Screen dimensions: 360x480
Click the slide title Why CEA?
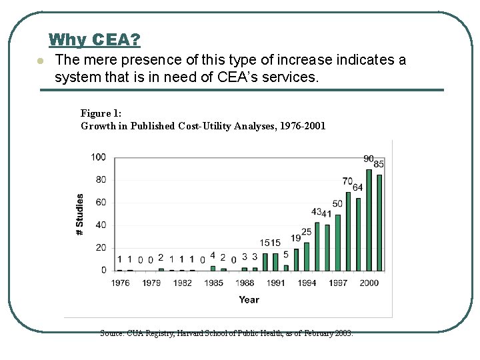pos(95,40)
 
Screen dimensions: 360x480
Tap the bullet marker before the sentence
pos(40,61)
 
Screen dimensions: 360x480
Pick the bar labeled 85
pos(379,223)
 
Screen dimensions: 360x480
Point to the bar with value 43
pos(317,246)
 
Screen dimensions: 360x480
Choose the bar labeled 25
pos(307,256)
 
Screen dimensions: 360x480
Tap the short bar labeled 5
pos(286,267)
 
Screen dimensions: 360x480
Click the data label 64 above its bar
pos(358,188)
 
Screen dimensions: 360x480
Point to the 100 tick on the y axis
pos(98,157)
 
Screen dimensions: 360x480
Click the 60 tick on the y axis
pos(100,203)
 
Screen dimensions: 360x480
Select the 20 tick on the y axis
pos(100,248)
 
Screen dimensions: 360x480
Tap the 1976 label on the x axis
pos(120,283)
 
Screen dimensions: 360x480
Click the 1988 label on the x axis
pos(245,283)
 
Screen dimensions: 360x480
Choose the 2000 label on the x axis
pos(369,283)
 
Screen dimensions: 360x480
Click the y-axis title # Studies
pos(80,214)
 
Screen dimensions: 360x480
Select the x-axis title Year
pos(249,300)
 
